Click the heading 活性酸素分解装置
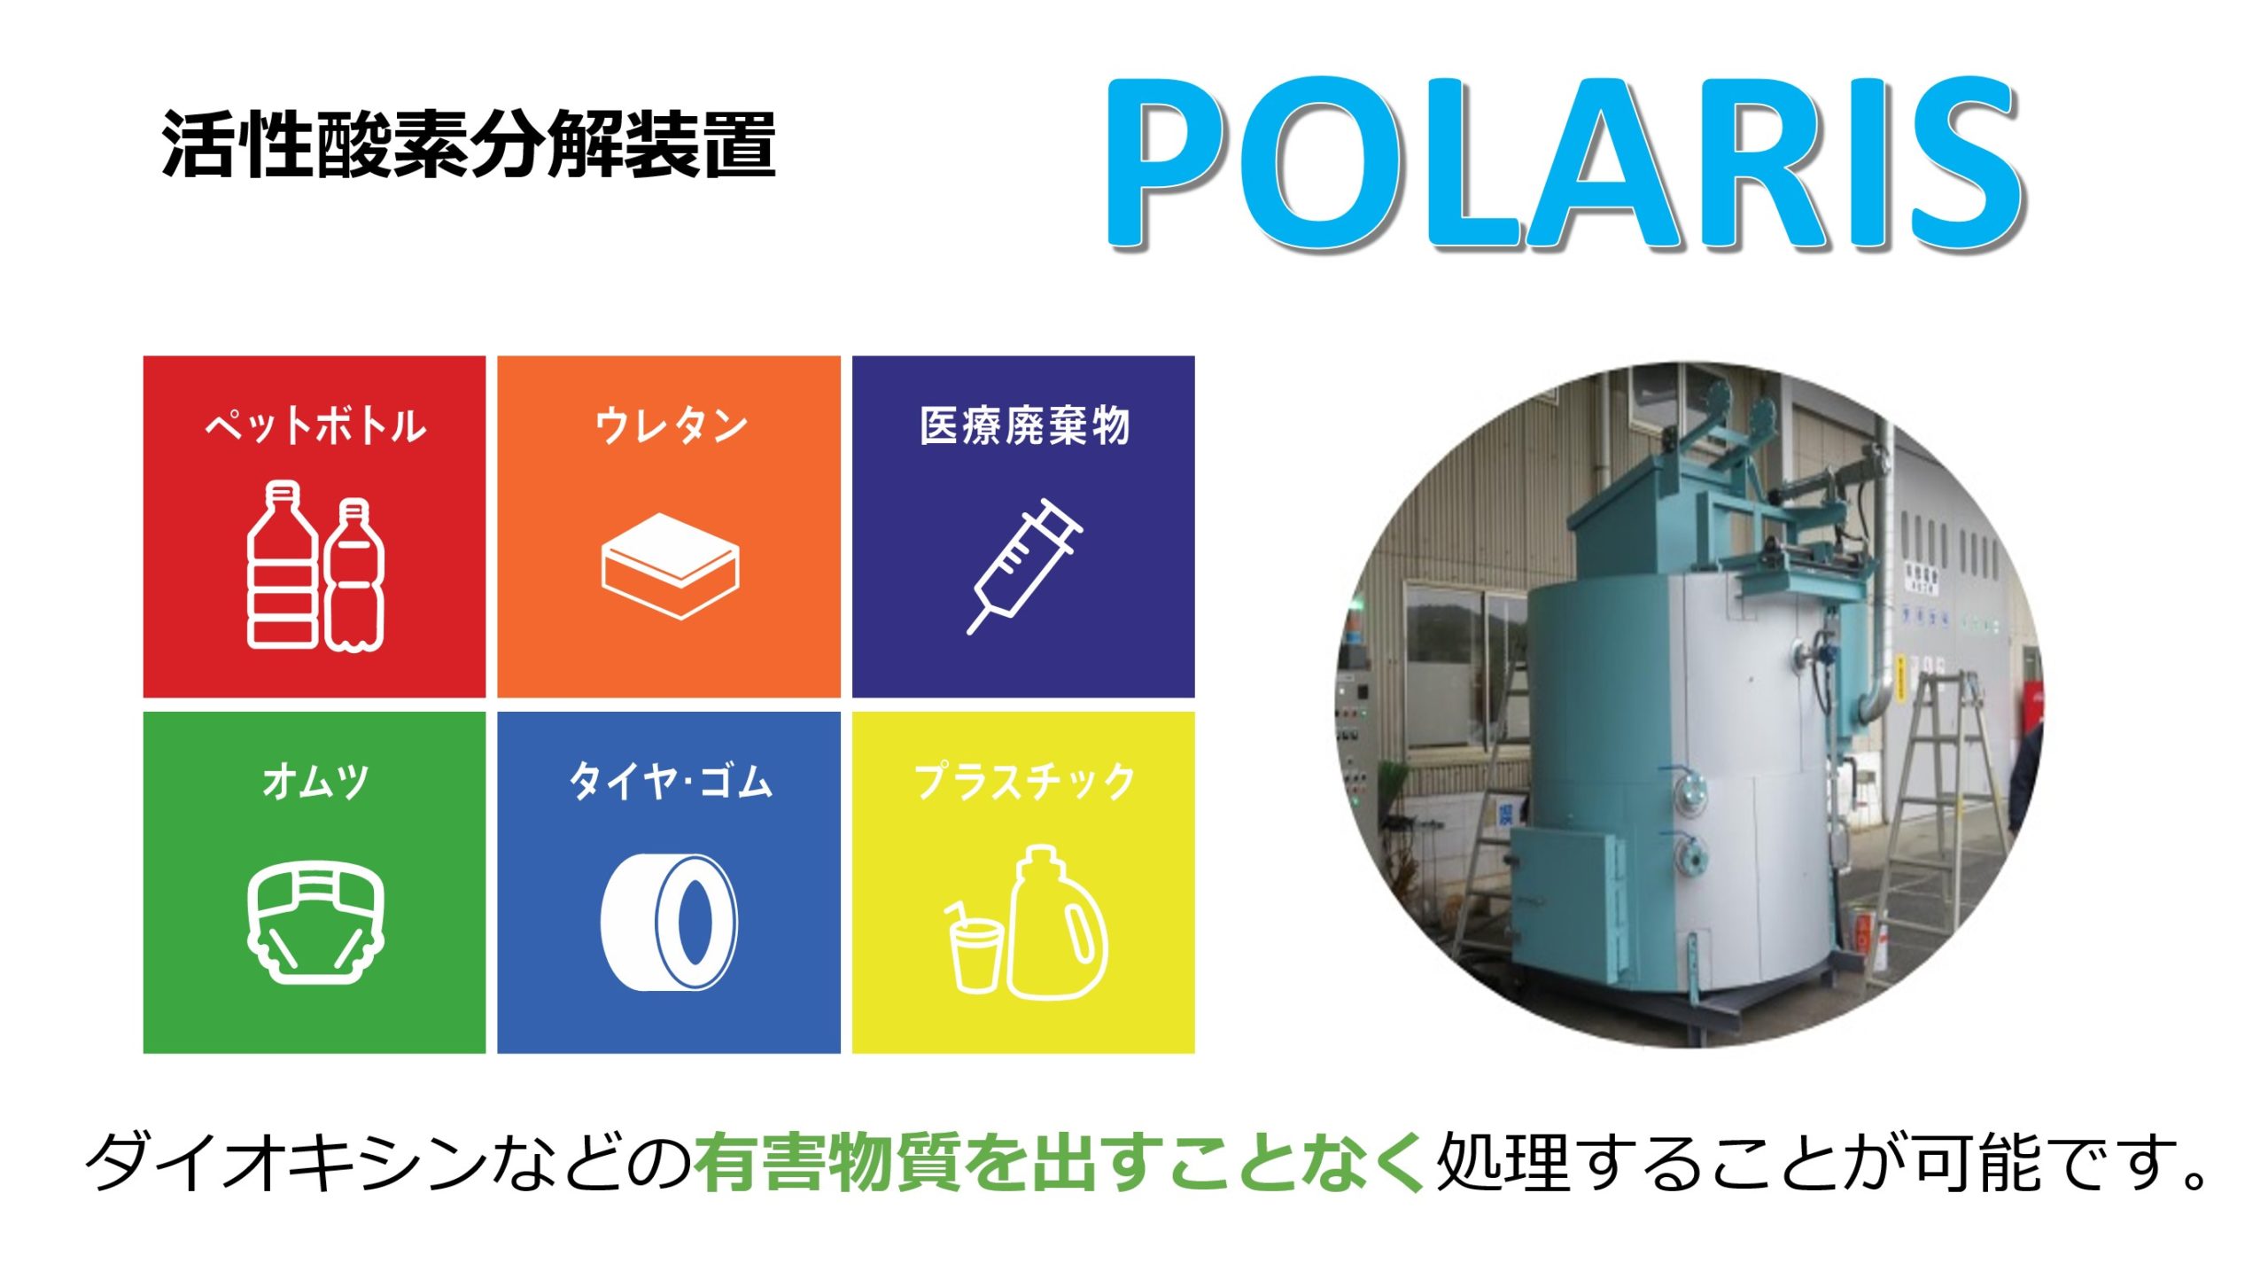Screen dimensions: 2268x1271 click(x=469, y=145)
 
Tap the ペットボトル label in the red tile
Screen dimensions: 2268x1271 click(x=315, y=426)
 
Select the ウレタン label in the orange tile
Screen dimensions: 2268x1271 click(x=671, y=426)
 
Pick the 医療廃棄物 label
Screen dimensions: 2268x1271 click(x=1024, y=426)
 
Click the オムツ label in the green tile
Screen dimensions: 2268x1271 click(x=315, y=782)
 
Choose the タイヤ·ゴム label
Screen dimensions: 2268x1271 click(x=671, y=782)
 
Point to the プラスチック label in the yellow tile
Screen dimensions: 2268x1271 click(x=1024, y=782)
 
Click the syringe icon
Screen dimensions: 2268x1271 click(x=1024, y=566)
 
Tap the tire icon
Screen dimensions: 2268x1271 click(x=670, y=922)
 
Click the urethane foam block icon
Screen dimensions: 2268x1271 click(x=671, y=566)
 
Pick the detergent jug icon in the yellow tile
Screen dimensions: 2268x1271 click(x=1056, y=922)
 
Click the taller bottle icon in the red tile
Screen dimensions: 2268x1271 click(x=283, y=565)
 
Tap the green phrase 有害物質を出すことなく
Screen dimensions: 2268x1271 click(x=1060, y=1161)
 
